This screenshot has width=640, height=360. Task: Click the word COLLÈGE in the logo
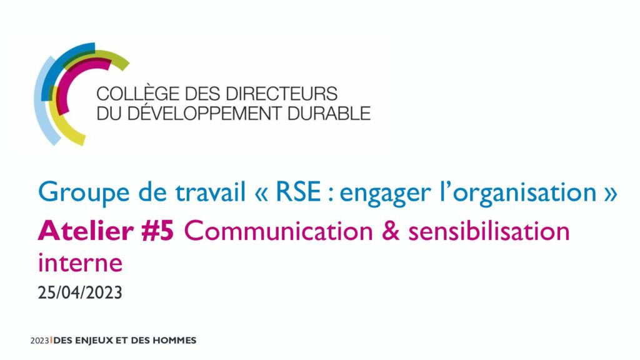coord(138,94)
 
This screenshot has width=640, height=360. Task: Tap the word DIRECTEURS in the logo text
coord(281,94)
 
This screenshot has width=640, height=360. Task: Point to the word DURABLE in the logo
coord(329,113)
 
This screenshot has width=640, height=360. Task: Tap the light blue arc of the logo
coord(41,102)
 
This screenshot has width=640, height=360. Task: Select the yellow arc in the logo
coord(61,126)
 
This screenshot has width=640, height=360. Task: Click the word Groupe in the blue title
coord(84,192)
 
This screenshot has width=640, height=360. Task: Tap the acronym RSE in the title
coord(298,191)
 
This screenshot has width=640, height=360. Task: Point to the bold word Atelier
coord(86,231)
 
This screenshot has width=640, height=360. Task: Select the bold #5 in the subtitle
coord(157,231)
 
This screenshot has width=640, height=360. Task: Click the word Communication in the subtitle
coord(279,231)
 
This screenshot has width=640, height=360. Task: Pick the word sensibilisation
coord(489,231)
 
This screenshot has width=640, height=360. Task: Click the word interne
coord(80,263)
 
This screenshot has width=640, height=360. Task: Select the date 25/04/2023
coord(80,292)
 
